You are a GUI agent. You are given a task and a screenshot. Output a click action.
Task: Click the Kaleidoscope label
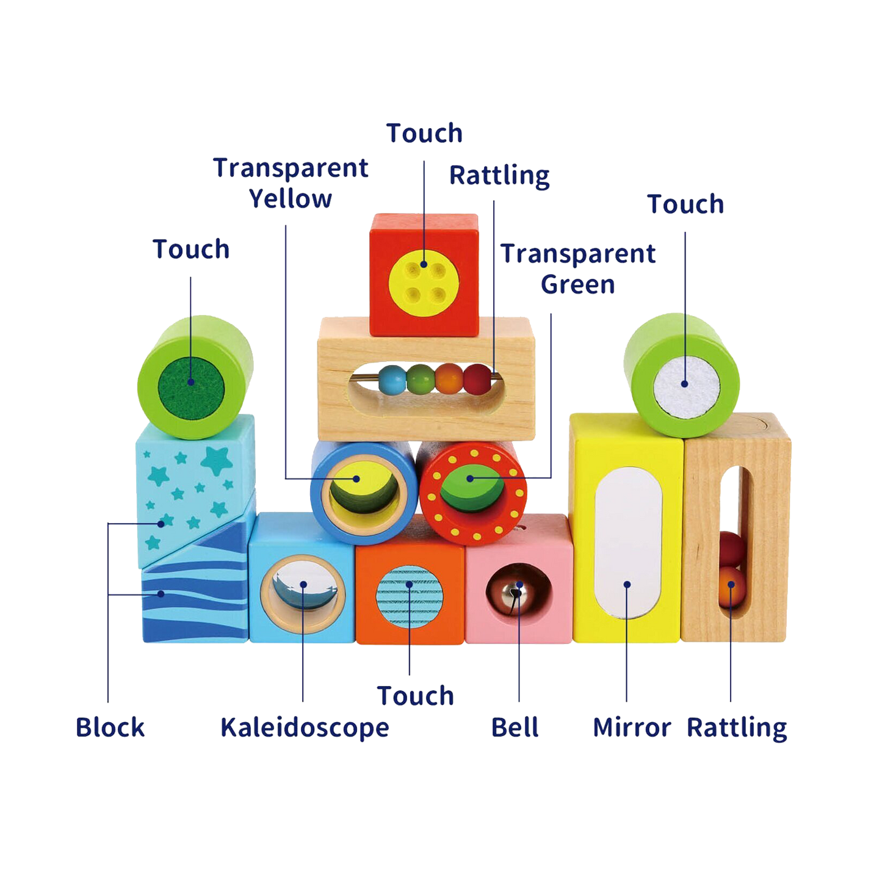coord(304,728)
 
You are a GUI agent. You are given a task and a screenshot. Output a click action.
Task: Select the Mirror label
coord(632,728)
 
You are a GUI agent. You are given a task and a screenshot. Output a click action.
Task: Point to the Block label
coord(110,728)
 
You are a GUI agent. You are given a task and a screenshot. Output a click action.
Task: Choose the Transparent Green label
coord(578,269)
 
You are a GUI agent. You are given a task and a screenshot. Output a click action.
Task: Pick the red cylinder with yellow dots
coord(474,492)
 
